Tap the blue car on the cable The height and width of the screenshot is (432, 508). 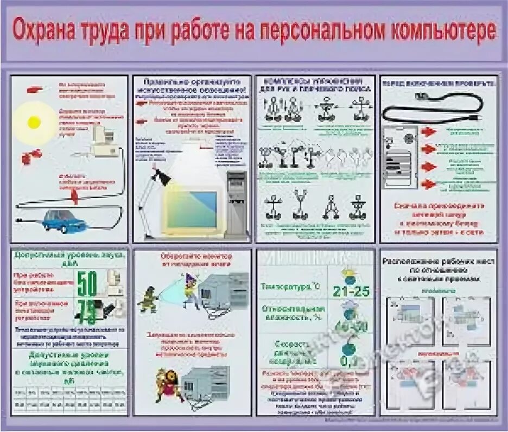point(64,220)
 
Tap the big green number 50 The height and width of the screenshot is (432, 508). point(87,284)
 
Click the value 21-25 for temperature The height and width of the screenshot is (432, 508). point(351,292)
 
